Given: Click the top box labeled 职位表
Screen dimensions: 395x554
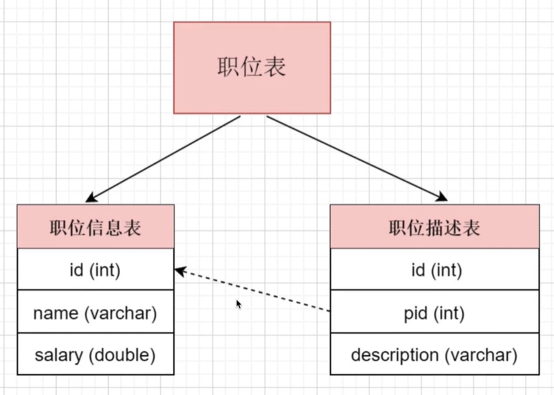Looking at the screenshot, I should point(252,67).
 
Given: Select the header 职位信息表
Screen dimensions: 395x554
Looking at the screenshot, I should point(95,227).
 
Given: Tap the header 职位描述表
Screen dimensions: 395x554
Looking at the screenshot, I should point(434,227).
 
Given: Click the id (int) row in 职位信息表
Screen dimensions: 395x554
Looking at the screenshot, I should point(95,269).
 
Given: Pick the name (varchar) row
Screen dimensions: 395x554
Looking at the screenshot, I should point(95,312).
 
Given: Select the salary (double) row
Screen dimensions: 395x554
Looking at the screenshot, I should point(95,354).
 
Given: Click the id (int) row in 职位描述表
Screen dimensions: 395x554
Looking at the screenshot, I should point(434,269).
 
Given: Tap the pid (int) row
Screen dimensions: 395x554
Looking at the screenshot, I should point(434,313).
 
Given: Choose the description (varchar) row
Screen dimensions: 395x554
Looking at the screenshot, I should point(434,355).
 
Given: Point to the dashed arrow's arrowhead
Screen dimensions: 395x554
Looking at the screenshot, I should point(179,270).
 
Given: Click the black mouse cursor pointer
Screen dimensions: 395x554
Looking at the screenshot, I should point(239,303).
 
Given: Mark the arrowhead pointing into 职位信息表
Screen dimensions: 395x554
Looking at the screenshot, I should point(91,198).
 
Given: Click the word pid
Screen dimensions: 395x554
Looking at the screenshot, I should point(415,313).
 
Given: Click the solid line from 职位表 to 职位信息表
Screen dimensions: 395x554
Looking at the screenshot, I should point(165,157).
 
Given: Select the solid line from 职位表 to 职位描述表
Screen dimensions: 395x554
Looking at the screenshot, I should point(355,157).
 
